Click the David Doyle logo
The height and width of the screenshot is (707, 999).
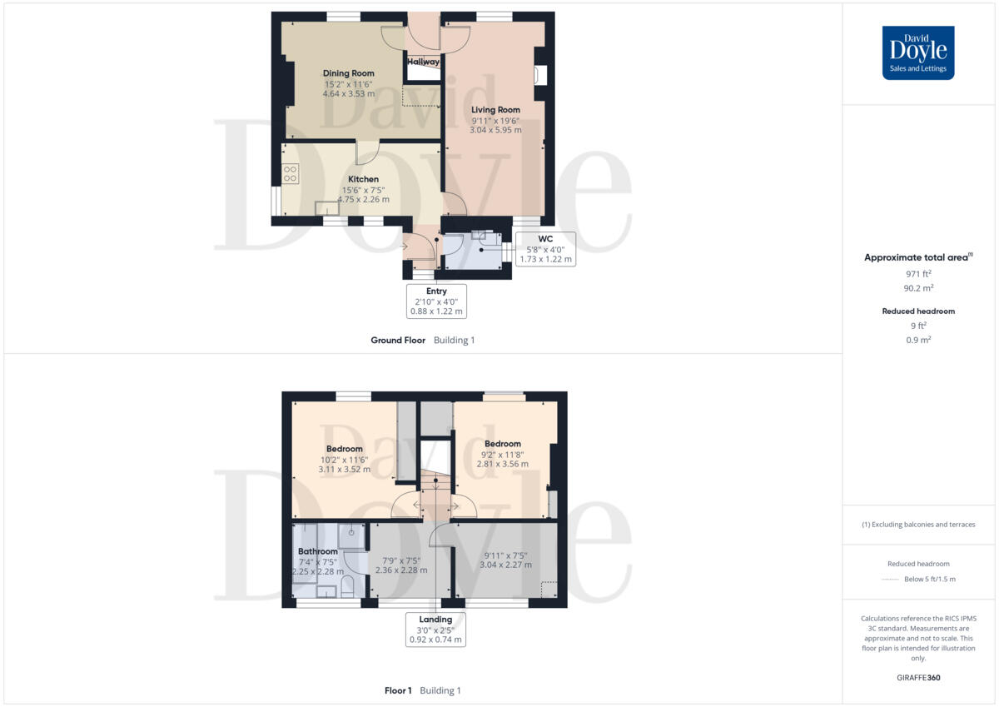coord(918,52)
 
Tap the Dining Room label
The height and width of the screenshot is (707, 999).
coord(349,73)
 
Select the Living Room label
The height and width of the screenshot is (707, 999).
coord(495,110)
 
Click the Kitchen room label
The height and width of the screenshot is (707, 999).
coord(363,179)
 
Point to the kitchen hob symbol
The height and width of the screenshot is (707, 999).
coord(291,174)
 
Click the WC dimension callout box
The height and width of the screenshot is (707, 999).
coord(545,249)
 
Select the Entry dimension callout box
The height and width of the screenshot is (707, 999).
coord(436,301)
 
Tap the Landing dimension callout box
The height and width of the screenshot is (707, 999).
coord(435,630)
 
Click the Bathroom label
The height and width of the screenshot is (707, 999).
coord(318,551)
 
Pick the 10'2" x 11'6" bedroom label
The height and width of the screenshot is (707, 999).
coord(344,459)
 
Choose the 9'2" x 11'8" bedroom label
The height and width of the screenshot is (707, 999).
coord(503,454)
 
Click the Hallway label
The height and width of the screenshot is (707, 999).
coord(423,62)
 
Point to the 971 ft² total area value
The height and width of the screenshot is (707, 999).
coord(918,274)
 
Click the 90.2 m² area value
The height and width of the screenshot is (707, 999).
coord(918,288)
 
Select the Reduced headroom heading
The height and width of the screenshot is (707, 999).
coord(918,311)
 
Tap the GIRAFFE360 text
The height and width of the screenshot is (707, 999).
coord(918,678)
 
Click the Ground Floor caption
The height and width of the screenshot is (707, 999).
coord(398,341)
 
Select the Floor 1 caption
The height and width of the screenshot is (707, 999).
coord(398,690)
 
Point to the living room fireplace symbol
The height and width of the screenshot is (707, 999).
coord(540,75)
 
